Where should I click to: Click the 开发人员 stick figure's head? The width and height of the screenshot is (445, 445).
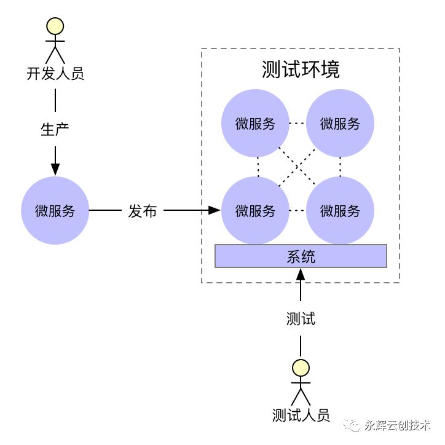(x=55, y=26)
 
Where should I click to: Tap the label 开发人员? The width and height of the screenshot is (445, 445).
(x=55, y=74)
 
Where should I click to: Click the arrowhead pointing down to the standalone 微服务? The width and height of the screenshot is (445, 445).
(x=55, y=168)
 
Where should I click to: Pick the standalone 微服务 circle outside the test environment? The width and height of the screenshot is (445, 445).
(x=55, y=210)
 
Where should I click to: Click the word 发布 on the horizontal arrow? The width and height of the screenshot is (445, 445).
(x=143, y=211)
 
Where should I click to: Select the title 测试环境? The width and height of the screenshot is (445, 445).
(x=301, y=69)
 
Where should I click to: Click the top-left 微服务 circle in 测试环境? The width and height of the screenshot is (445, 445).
(x=255, y=124)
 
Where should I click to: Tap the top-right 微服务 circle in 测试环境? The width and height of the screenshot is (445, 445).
(x=340, y=124)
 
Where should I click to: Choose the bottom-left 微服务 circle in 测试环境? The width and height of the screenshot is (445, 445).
(x=255, y=211)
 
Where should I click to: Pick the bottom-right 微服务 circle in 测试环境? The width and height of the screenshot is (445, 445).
(x=340, y=211)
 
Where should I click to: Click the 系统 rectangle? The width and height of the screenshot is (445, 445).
(x=301, y=256)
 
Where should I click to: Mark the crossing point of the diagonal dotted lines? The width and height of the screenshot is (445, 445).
(x=297, y=167)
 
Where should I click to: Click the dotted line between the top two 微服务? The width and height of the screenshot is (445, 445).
(x=297, y=124)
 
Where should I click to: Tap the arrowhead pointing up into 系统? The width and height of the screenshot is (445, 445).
(x=301, y=274)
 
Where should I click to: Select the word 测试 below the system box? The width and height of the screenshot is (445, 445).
(x=301, y=319)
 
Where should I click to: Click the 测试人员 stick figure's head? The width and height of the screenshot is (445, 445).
(x=301, y=368)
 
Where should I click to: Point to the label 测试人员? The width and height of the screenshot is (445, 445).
(x=301, y=415)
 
